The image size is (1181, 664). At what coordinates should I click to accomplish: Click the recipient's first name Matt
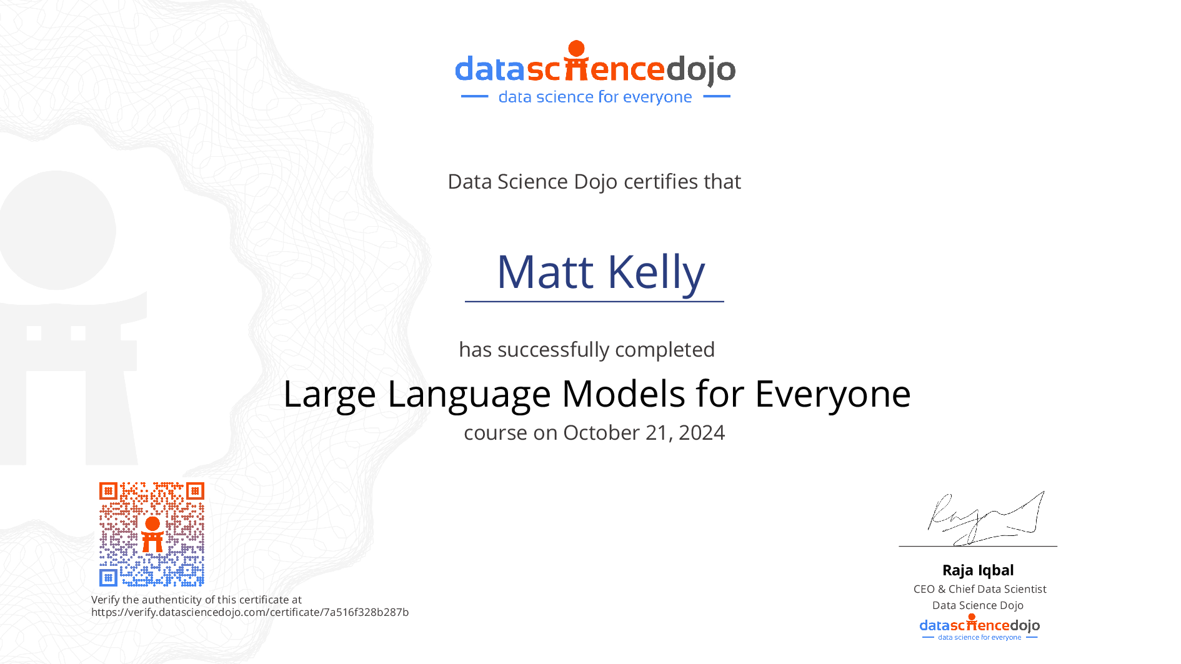point(545,272)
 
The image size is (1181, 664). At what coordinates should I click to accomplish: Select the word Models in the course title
point(623,394)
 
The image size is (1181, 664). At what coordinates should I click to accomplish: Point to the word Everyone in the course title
point(832,395)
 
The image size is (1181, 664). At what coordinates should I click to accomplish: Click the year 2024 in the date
point(702,432)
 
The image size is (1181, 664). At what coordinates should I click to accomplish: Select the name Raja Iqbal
point(978,570)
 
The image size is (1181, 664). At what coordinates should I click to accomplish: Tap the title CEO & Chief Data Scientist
point(979,589)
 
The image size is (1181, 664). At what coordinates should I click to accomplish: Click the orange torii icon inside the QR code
point(152,535)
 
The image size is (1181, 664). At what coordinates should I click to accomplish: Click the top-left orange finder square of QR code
point(109,491)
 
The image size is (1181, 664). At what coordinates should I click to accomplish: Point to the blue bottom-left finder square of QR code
point(109,577)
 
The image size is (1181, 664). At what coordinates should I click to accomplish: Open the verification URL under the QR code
point(250,612)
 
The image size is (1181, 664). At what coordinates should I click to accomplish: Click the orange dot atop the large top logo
point(576,48)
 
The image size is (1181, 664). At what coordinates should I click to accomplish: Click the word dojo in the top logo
point(700,70)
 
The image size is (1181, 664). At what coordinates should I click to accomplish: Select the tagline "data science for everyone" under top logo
point(595,97)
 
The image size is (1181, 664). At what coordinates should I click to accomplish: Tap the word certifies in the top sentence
point(661,181)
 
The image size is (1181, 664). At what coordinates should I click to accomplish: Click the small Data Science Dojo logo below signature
point(979,627)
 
